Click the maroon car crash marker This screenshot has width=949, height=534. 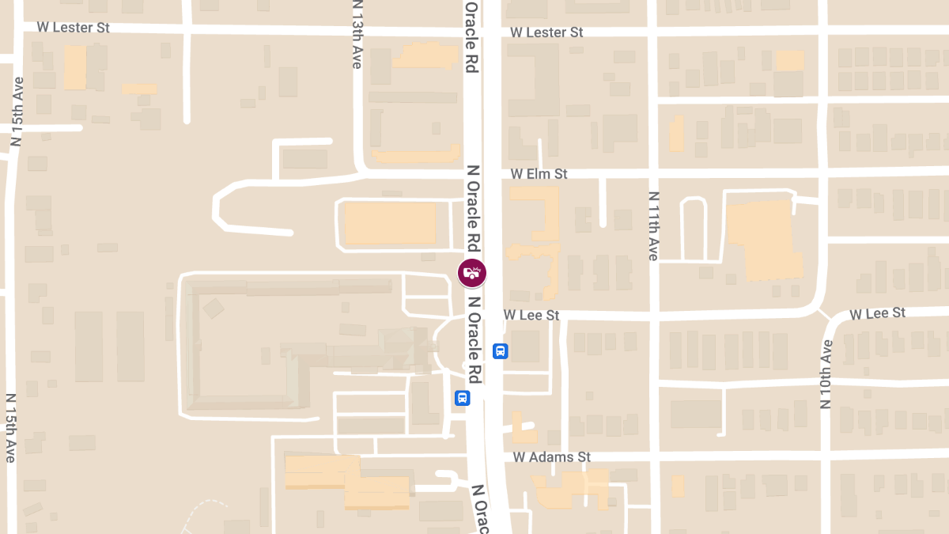coord(472,273)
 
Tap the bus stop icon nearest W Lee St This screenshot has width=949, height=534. coord(500,350)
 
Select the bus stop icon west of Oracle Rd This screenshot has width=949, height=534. coord(462,398)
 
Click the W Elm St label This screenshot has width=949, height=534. coord(539,173)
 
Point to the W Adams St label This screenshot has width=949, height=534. coord(552,457)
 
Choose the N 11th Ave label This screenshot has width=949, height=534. coord(653,225)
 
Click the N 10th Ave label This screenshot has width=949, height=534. coord(826,373)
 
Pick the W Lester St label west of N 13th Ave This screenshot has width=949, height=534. coord(73,28)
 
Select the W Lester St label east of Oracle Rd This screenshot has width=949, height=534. coord(546,32)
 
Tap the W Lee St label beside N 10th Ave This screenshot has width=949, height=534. coord(877,313)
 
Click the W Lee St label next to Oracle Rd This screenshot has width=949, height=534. coord(531,315)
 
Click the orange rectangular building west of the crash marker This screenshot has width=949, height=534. coord(390,223)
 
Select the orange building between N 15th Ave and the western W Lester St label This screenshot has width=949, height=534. coord(75,67)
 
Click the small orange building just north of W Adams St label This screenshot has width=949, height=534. coord(523,427)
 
